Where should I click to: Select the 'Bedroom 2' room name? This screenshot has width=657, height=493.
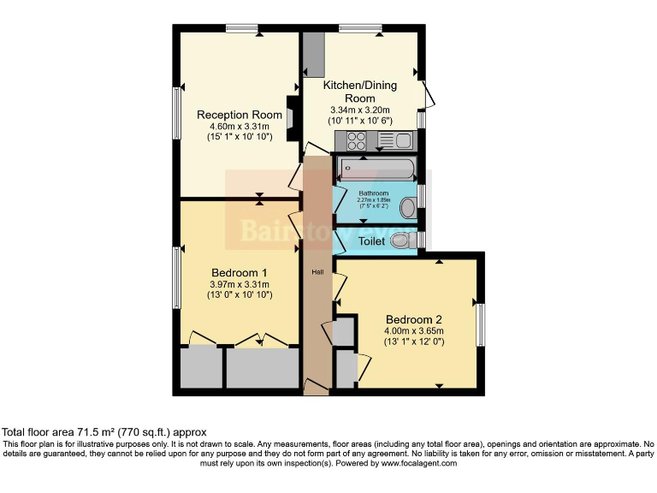[413, 313]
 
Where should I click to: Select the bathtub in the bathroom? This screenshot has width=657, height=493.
[376, 168]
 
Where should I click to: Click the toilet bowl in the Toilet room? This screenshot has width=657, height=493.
[400, 242]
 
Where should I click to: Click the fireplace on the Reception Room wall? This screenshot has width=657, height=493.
[293, 116]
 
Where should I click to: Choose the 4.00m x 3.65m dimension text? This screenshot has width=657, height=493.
[414, 331]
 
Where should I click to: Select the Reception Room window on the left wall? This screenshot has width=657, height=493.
[176, 113]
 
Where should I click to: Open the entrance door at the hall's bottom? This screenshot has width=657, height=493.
[316, 389]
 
